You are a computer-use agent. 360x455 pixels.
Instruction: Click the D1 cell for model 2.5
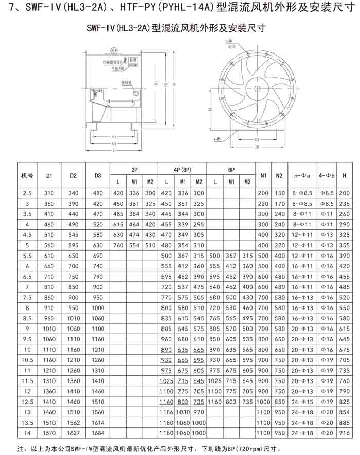49,193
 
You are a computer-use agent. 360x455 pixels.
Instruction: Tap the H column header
344,176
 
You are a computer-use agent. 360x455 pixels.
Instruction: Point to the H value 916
344,433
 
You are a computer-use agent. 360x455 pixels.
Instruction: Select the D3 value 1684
98,433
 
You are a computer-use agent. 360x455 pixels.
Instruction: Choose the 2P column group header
134,170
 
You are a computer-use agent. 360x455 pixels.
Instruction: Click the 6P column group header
231,170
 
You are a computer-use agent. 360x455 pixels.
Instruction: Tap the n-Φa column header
302,176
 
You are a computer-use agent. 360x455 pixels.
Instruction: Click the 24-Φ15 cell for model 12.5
302,402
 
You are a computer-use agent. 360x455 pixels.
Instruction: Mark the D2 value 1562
74,423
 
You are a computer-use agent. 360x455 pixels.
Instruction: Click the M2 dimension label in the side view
114,137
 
